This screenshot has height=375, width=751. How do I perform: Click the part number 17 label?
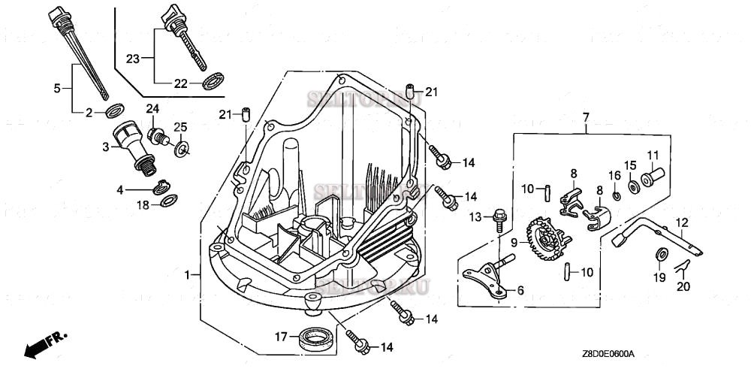tap(279, 337)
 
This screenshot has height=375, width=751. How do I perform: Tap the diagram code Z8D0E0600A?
tap(608, 353)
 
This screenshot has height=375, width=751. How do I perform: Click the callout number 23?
tap(133, 58)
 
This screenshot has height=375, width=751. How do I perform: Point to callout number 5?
tap(57, 88)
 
